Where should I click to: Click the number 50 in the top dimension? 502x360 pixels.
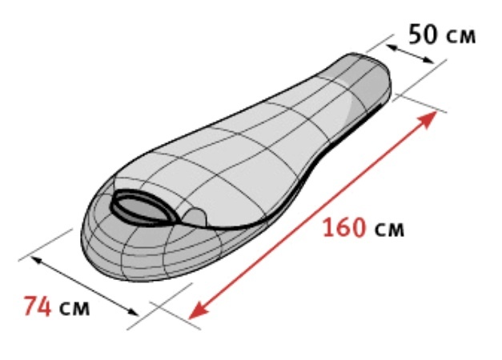[x=423, y=34]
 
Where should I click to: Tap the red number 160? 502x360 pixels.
[x=344, y=227]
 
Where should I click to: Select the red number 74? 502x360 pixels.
[x=38, y=306]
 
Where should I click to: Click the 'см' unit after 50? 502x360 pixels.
[x=460, y=37]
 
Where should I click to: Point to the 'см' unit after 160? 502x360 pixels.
[x=389, y=230]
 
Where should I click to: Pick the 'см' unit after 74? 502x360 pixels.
[x=74, y=309]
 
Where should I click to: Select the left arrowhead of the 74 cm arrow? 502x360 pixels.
[x=35, y=260]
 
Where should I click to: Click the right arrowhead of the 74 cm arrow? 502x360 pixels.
[x=133, y=311]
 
